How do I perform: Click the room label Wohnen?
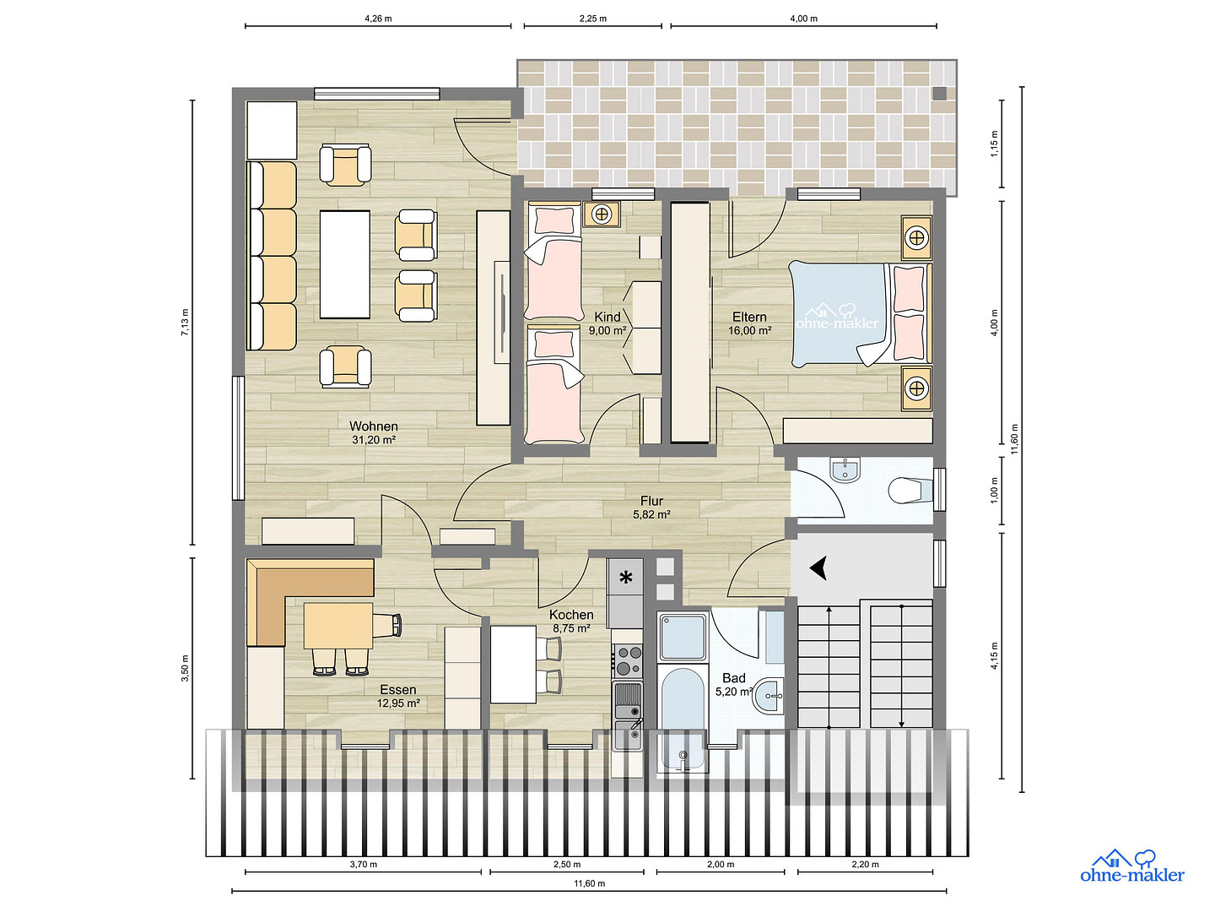373,426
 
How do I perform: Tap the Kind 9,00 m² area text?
607,330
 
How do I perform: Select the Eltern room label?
749,317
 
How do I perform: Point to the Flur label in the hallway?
651,501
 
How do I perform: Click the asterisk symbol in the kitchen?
625,578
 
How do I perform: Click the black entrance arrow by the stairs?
818,568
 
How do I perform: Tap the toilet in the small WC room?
910,490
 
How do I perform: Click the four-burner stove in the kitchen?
628,660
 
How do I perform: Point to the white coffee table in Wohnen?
345,264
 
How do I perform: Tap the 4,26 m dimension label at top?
378,19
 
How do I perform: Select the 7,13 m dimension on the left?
185,323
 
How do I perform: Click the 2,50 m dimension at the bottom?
567,864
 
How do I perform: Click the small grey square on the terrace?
939,93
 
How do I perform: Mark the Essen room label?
398,690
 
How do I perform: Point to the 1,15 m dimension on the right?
995,144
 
